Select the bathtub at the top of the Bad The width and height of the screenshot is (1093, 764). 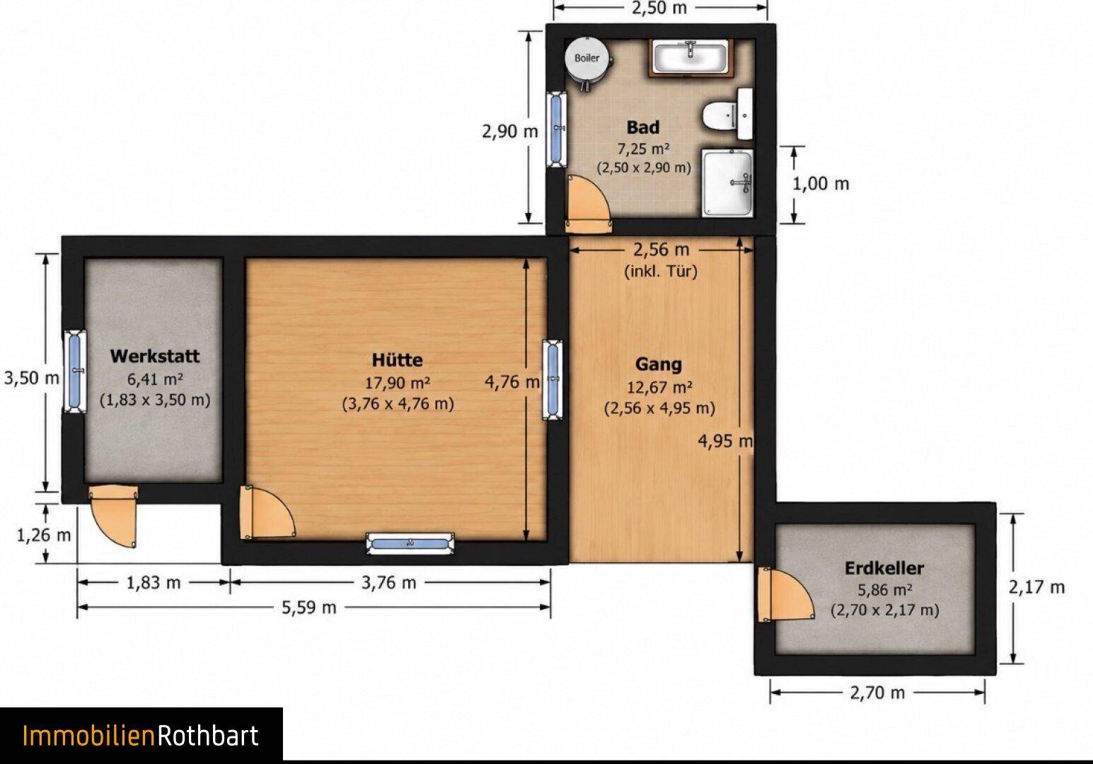691,57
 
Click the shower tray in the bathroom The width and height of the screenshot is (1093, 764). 727,183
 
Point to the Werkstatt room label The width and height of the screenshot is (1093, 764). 155,356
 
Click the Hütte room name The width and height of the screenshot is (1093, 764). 397,360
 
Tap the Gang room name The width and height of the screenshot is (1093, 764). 659,364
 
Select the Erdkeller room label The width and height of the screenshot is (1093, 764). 884,568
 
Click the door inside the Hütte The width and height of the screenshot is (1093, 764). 267,512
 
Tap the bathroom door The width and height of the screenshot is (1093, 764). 588,204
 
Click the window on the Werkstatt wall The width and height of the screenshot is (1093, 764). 75,372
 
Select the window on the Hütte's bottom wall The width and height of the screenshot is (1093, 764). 410,543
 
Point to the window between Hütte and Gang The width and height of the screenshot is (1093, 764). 553,380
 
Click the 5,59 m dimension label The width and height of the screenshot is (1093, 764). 309,608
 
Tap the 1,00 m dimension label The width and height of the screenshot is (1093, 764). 821,184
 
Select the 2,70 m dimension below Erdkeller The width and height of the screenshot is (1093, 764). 877,693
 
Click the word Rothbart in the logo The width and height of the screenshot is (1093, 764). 207,736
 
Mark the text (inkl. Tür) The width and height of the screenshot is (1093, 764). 661,271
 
